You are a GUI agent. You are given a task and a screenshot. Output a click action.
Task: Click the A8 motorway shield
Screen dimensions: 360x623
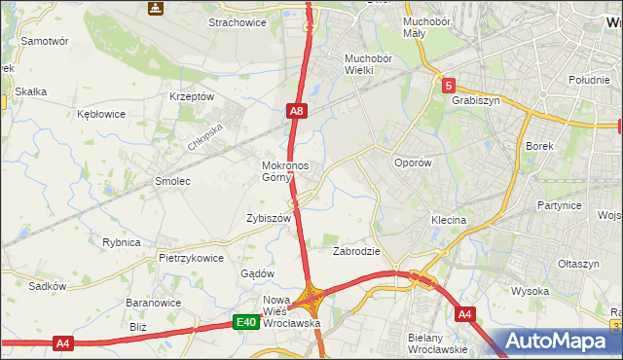pyautogui.click(x=299, y=113)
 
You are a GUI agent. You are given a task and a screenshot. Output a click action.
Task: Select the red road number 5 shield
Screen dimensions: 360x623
pyautogui.click(x=448, y=86)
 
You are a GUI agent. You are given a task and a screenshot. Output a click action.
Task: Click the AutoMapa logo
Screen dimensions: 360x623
pyautogui.click(x=560, y=342)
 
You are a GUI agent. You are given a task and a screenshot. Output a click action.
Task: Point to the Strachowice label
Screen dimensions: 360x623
pyautogui.click(x=238, y=21)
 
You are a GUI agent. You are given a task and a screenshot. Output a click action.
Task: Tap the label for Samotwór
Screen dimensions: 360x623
pyautogui.click(x=45, y=42)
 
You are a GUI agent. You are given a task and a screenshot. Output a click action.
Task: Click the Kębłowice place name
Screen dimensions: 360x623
pyautogui.click(x=101, y=114)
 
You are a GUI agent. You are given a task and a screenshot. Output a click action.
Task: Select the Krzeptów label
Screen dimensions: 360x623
pyautogui.click(x=191, y=97)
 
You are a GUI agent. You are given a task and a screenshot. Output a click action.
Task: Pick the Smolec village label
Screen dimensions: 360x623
pyautogui.click(x=172, y=182)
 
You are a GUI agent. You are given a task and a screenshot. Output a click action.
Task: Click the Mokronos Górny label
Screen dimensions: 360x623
pyautogui.click(x=285, y=171)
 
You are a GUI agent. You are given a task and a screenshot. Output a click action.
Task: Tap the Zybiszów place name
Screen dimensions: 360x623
pyautogui.click(x=270, y=219)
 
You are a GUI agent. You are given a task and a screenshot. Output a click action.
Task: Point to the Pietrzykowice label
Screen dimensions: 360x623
pyautogui.click(x=192, y=259)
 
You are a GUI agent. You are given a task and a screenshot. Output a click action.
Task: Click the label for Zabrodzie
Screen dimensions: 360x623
pyautogui.click(x=356, y=251)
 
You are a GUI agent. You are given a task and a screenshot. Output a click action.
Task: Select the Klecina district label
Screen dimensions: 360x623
pyautogui.click(x=449, y=221)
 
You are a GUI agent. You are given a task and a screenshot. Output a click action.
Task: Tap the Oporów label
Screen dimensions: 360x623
pyautogui.click(x=411, y=163)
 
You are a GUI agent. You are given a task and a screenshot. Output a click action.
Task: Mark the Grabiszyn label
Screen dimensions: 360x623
pyautogui.click(x=475, y=99)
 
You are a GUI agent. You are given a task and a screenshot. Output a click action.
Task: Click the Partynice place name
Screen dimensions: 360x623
pyautogui.click(x=559, y=206)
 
